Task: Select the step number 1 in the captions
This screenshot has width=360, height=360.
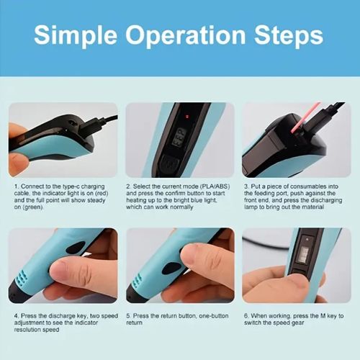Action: click(14, 186)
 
